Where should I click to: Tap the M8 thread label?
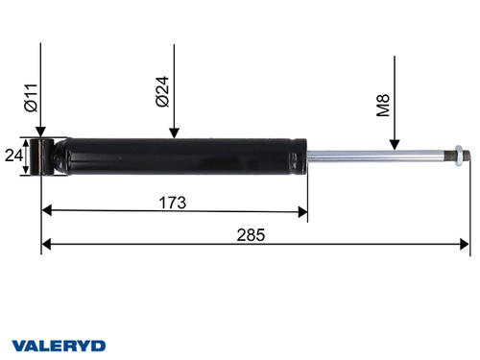click(x=383, y=104)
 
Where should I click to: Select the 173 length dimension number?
click(x=173, y=203)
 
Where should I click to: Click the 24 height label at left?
click(x=13, y=156)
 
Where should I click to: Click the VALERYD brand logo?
click(x=59, y=345)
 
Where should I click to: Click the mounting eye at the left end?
click(x=42, y=156)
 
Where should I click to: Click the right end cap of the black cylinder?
click(x=302, y=156)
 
